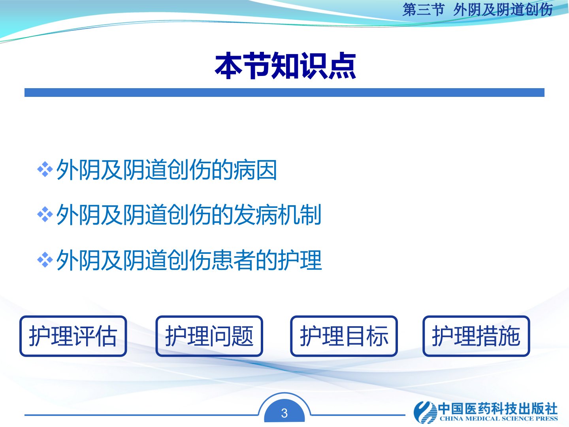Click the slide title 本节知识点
tap(285, 66)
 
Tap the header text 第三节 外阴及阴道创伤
tap(477, 10)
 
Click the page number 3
tap(284, 413)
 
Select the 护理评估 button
tap(73, 336)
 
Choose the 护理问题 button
tap(209, 336)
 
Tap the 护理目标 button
tap(344, 336)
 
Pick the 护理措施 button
tap(476, 336)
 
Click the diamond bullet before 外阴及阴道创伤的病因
tap(45, 170)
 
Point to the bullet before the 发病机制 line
tap(45, 214)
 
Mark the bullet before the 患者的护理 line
tap(45, 260)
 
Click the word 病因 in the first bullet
tap(255, 170)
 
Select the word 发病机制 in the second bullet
tap(277, 214)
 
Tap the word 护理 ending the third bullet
tap(300, 260)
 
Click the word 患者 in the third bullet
tap(233, 260)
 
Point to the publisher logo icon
tap(425, 412)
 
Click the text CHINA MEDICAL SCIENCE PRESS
tap(499, 418)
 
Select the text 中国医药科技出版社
tap(498, 408)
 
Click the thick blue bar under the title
tap(284, 93)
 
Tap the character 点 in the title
tap(342, 66)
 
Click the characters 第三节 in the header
tap(423, 10)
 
